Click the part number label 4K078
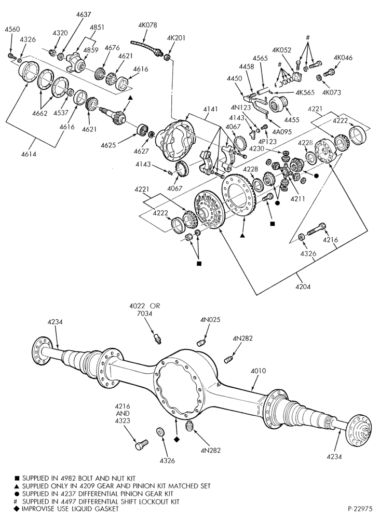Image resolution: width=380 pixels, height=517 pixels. coord(148,25)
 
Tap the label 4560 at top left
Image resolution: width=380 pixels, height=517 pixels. coord(12,30)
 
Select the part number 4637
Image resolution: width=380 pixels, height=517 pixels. coord(84,15)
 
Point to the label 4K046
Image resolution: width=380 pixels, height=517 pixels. coord(343,58)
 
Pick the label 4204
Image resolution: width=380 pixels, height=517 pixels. coord(303,287)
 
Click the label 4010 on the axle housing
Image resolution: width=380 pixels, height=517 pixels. coord(259,371)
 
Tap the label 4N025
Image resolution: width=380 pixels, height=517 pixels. coord(210,320)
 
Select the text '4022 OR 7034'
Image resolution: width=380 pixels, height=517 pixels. coord(145,309)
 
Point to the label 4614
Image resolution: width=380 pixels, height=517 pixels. coord(29,154)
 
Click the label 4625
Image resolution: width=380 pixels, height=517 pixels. coord(108,145)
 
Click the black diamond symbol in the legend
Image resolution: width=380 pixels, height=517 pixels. coord(17,509)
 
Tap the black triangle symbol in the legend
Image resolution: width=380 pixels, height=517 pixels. coord(17,486)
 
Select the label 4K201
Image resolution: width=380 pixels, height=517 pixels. coord(176,37)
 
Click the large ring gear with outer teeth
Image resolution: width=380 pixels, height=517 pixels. coord(239,195)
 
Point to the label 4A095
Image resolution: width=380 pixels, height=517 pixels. coord(282,131)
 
